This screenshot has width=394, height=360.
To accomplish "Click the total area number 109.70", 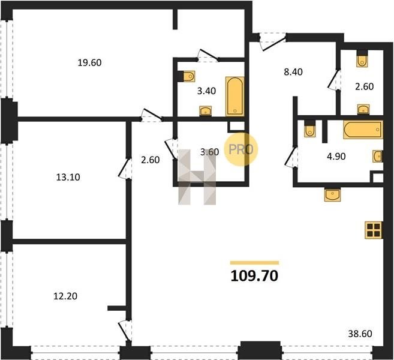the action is click(254, 276).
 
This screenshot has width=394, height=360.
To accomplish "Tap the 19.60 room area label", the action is click(89, 62).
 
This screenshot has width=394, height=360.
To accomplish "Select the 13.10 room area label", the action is click(68, 177).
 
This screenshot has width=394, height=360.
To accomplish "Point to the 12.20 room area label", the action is click(65, 296).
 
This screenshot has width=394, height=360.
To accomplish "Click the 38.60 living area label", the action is click(360, 334).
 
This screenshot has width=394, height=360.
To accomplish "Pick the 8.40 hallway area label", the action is click(293, 72).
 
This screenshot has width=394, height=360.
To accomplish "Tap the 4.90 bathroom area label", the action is click(336, 157).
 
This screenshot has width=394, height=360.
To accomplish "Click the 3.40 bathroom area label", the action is click(206, 91).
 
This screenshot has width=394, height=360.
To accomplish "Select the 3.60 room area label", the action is click(209, 152).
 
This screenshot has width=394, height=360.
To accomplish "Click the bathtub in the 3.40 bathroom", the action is click(235, 97).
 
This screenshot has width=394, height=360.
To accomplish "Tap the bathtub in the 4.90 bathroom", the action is click(363, 130).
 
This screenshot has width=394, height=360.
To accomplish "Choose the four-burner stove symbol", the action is click(374, 230).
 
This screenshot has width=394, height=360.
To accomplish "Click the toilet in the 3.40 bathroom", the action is click(189, 76).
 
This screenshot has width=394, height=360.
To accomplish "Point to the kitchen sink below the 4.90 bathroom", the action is click(332, 195).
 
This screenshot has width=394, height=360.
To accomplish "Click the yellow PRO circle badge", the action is click(241, 149).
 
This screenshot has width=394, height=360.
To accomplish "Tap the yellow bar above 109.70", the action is click(254, 263).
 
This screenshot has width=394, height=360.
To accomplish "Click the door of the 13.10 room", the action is click(125, 169).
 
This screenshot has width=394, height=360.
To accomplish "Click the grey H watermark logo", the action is click(197, 177).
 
